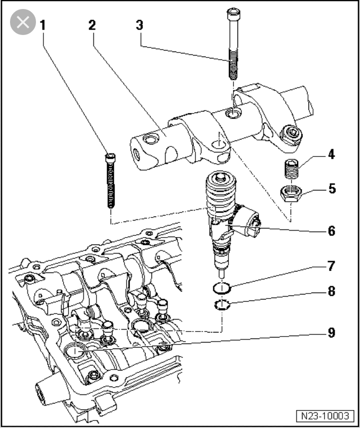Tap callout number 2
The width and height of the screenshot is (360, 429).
point(91,24)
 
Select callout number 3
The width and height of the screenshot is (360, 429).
point(140,24)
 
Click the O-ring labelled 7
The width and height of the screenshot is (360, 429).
point(220,288)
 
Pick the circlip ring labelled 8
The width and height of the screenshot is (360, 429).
point(220,305)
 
